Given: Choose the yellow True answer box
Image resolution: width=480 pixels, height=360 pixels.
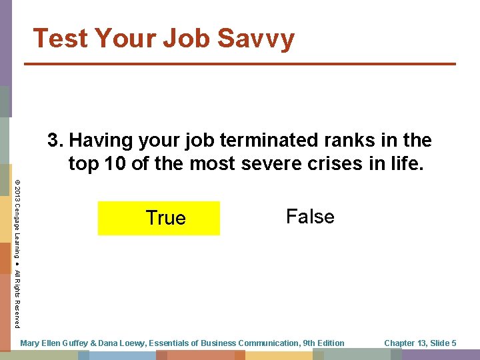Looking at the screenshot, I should (159, 218).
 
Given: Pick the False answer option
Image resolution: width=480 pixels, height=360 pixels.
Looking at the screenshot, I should (310, 216).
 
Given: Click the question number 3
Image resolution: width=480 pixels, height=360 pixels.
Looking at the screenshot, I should (54, 141).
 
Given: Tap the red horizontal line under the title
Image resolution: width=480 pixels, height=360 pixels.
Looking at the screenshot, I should (240, 64).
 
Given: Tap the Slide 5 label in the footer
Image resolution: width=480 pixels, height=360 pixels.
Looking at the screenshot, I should (442, 343).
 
